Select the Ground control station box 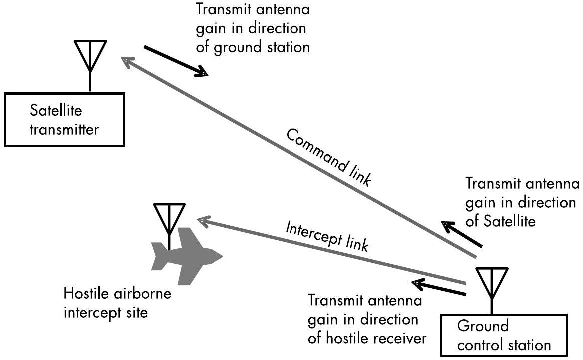pyautogui.click(x=505, y=335)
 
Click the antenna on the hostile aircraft pyautogui.click(x=169, y=220)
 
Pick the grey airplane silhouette pyautogui.click(x=187, y=255)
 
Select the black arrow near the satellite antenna pyautogui.click(x=176, y=61)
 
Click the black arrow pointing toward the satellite pyautogui.click(x=461, y=234)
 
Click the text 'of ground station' pyautogui.click(x=254, y=47)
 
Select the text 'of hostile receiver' pyautogui.click(x=368, y=338)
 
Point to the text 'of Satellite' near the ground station pyautogui.click(x=500, y=221)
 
